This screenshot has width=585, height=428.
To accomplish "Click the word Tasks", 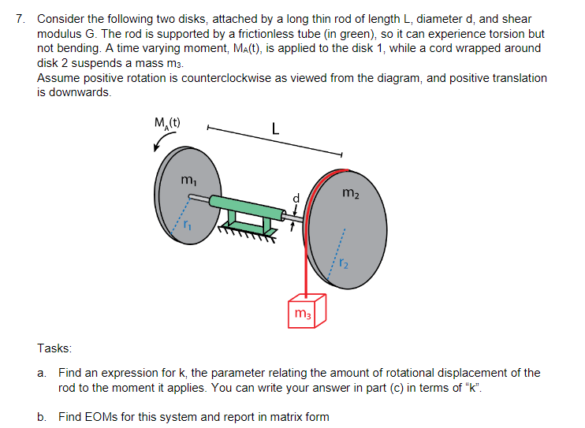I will pos(54,348).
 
